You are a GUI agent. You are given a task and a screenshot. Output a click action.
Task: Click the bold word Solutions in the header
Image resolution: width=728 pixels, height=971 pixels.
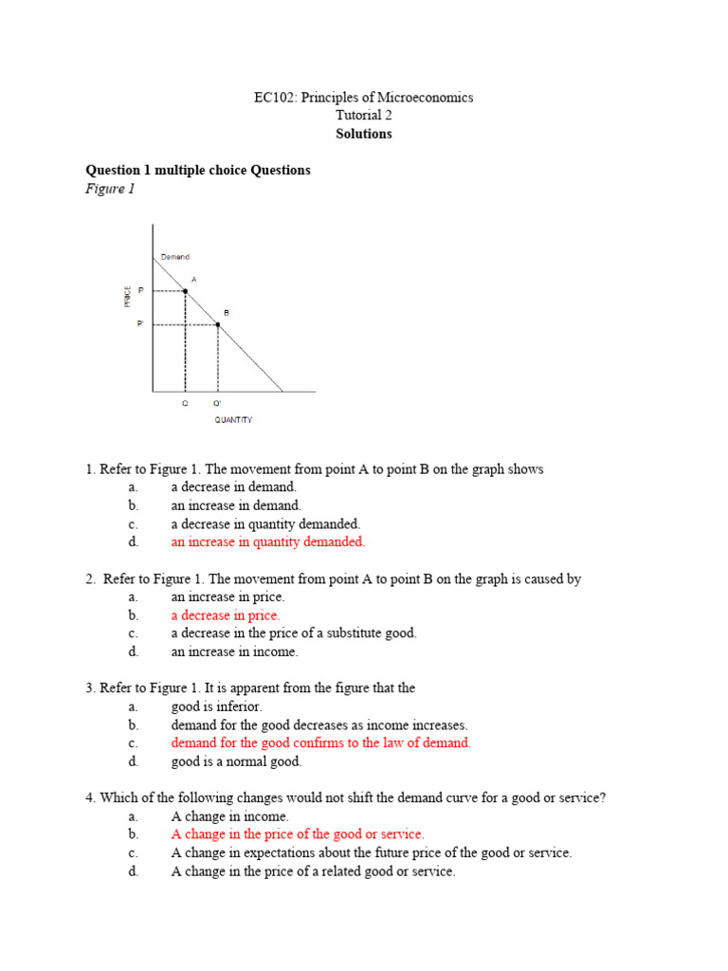click(363, 134)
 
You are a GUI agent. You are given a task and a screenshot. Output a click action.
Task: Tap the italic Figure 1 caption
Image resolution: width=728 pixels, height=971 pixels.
click(111, 189)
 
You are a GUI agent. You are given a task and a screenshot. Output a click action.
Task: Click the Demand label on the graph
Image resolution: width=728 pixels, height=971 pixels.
click(174, 257)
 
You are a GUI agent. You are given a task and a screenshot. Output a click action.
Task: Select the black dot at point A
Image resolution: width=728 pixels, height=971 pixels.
click(185, 291)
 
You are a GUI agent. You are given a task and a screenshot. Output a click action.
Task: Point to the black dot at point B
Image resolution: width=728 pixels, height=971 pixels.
click(218, 324)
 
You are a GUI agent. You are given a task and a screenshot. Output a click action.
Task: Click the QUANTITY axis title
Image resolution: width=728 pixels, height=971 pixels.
click(233, 419)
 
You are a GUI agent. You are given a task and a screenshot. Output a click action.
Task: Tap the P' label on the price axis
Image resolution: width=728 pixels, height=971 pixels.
click(140, 323)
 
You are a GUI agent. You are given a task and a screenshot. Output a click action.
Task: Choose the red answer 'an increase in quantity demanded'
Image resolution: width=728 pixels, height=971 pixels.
click(267, 542)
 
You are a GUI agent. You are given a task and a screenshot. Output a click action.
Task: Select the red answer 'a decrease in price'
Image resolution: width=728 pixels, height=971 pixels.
click(225, 615)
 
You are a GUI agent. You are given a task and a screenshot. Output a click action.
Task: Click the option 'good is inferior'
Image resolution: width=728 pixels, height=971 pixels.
click(216, 706)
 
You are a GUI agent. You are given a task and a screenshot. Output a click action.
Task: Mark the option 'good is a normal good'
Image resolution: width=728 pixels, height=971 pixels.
click(236, 761)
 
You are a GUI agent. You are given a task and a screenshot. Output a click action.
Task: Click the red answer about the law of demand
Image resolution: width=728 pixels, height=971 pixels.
click(320, 743)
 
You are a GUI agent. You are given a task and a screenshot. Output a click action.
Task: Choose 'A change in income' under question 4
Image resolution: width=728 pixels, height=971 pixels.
click(229, 816)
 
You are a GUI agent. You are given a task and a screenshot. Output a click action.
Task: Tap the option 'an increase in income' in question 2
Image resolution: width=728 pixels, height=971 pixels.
click(234, 651)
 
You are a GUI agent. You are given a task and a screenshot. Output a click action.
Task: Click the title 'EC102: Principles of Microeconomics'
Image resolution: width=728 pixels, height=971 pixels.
click(363, 98)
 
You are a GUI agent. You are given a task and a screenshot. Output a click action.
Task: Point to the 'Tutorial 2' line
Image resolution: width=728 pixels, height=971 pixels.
click(363, 116)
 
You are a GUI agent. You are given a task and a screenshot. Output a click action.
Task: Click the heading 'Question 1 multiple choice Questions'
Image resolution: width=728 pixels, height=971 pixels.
click(198, 171)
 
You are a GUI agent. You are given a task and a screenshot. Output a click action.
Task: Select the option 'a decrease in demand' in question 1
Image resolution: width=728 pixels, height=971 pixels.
click(233, 487)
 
